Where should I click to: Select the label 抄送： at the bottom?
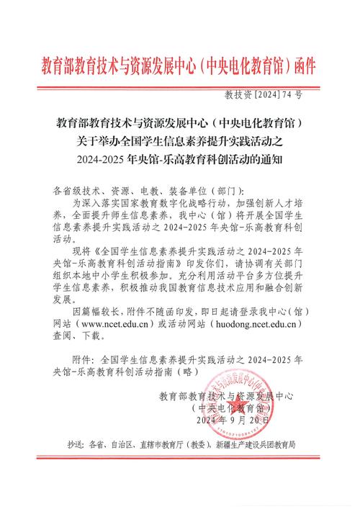(76, 446)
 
